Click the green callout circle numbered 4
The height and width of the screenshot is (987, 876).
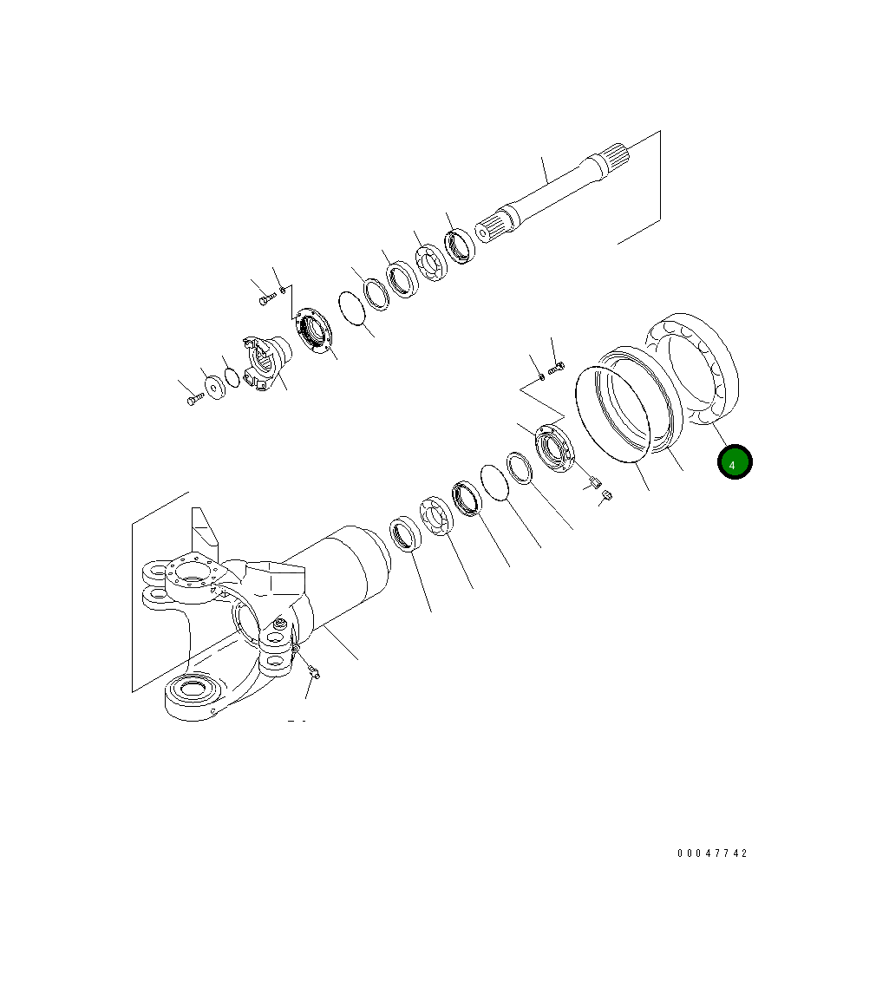[734, 463]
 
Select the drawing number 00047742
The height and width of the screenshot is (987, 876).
[711, 853]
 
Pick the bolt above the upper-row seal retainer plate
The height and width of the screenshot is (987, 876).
[266, 297]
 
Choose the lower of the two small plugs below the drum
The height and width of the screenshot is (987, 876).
[607, 495]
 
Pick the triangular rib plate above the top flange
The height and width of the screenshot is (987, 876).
[204, 531]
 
